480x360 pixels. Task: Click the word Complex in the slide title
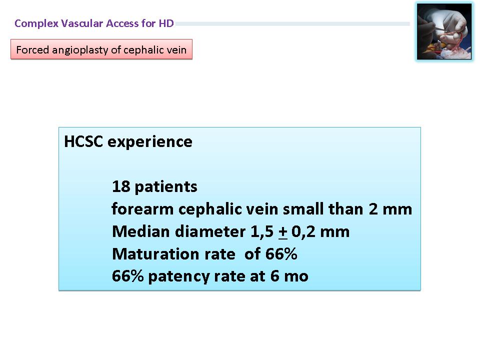(x=36, y=23)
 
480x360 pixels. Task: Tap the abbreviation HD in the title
(x=166, y=23)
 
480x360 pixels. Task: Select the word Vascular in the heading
(x=82, y=23)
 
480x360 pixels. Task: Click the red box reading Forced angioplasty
(x=101, y=49)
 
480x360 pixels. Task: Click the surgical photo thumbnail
(x=444, y=31)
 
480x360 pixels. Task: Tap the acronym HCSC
(x=83, y=141)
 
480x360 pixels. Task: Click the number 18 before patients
(x=121, y=186)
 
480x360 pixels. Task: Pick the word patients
(x=166, y=186)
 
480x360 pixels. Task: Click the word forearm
(x=142, y=209)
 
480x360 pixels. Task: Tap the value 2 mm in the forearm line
(x=390, y=209)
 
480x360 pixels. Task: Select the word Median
(x=141, y=231)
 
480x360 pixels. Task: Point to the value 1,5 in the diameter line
(x=262, y=231)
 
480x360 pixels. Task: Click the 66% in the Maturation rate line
(x=281, y=254)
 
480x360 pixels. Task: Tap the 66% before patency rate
(x=127, y=276)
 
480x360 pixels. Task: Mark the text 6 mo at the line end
(x=289, y=276)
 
